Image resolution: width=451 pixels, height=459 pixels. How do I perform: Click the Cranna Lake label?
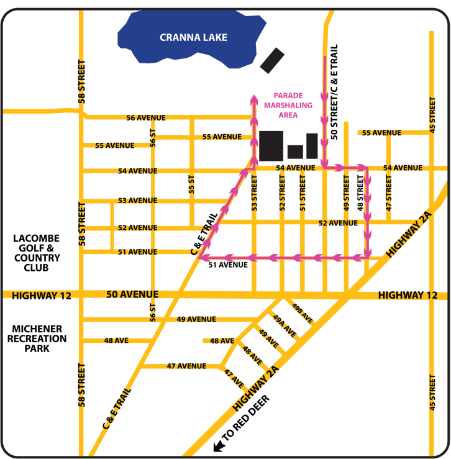tap(193, 38)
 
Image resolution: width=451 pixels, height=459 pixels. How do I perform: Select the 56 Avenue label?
tap(146, 117)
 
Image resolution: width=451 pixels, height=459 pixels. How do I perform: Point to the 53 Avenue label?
tap(137, 201)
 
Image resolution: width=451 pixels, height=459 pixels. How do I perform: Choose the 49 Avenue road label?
tap(196, 319)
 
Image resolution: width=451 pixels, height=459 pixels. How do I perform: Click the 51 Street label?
tap(303, 193)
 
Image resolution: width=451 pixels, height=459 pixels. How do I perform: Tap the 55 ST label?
tap(191, 184)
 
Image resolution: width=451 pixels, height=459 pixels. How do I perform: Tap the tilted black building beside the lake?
tap(271, 60)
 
